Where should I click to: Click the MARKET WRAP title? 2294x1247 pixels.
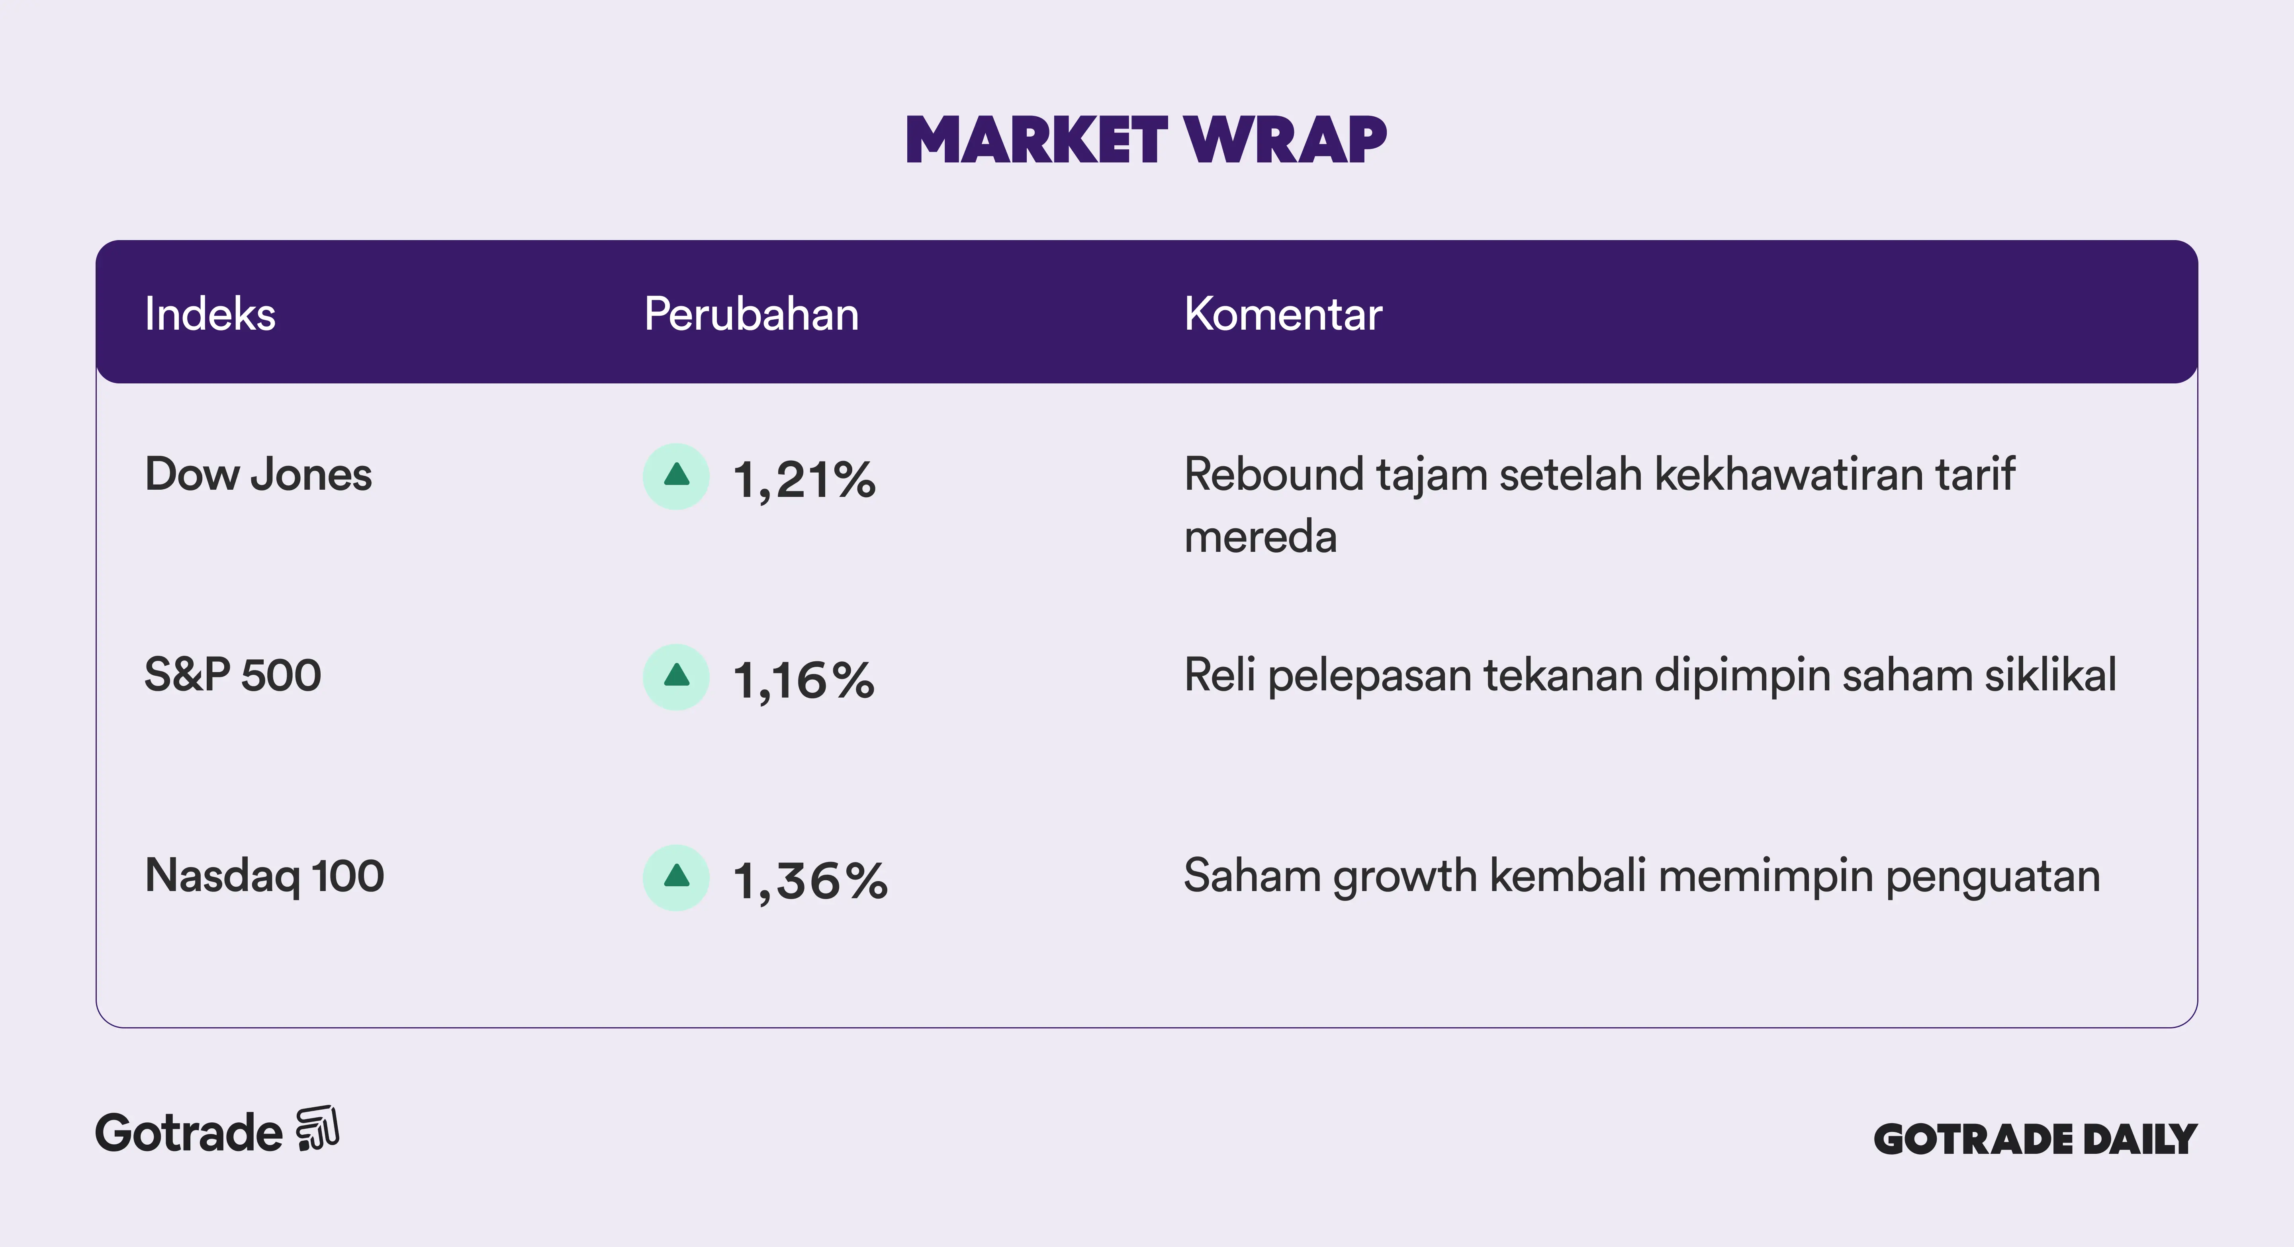point(1146,141)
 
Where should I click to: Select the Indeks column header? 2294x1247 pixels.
point(210,314)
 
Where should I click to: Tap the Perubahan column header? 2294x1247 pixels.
point(752,314)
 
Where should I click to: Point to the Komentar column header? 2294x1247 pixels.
point(1283,314)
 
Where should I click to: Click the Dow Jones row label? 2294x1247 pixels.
point(258,475)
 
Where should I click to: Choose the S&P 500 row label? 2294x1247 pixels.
point(233,675)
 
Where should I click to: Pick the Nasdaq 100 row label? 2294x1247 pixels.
point(264,876)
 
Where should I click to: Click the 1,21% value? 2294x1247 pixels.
point(804,481)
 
